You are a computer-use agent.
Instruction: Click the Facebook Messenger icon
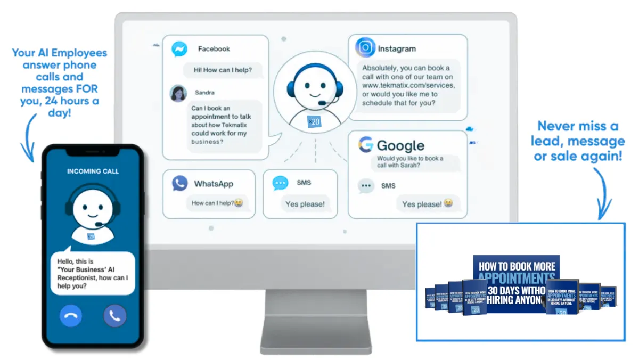coord(179,50)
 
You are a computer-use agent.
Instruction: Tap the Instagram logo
coord(365,48)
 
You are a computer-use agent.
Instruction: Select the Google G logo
coord(365,145)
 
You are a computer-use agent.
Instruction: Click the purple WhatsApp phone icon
coord(179,184)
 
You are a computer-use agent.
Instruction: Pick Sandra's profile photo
coord(178,93)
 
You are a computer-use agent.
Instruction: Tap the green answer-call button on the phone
coord(114,316)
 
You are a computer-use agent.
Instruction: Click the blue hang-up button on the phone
coord(71,316)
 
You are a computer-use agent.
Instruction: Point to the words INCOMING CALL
coord(93,171)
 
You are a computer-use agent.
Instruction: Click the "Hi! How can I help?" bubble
coord(223,69)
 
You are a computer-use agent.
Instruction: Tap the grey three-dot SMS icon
coord(366,186)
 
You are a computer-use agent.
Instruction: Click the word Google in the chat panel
coord(400,145)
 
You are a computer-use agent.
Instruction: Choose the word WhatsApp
coord(214,184)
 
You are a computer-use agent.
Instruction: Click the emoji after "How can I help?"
coord(239,203)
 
